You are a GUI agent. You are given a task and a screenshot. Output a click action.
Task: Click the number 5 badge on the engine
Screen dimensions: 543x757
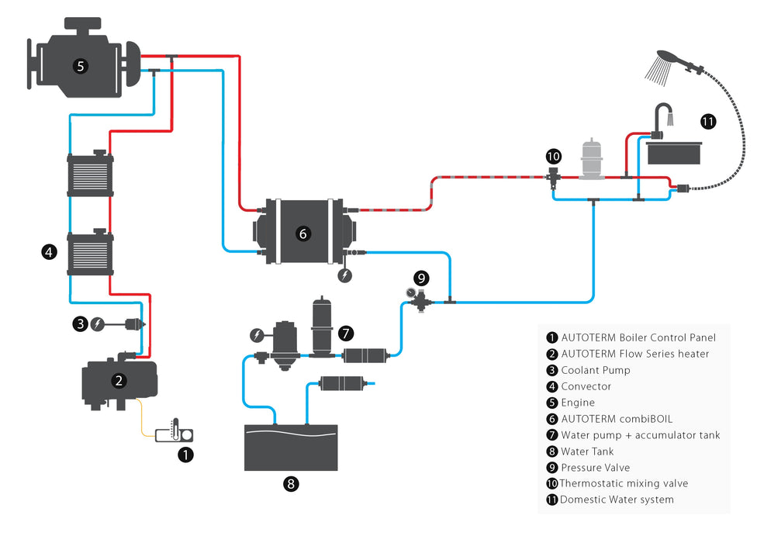[x=80, y=66]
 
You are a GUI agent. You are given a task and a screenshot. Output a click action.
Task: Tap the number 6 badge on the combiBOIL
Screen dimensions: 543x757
[x=303, y=233]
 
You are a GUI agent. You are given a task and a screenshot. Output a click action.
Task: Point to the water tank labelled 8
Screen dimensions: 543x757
[x=291, y=448]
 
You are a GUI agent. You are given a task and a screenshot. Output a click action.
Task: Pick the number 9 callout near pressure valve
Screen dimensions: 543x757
[x=421, y=277]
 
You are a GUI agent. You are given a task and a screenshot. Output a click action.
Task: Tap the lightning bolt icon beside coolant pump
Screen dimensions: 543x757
[x=98, y=324]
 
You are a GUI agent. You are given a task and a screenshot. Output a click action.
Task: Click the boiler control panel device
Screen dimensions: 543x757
[x=174, y=431]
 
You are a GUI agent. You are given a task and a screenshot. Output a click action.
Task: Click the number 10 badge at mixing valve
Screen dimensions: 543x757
[x=554, y=156]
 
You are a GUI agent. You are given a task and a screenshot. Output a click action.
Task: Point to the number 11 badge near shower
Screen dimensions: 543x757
[x=707, y=121]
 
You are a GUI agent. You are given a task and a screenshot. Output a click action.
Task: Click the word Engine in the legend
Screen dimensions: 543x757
[x=578, y=403]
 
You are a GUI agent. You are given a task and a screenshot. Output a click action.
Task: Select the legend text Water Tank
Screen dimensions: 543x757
[x=587, y=451]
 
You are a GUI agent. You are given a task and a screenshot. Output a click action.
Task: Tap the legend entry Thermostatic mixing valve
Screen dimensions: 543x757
[x=624, y=483]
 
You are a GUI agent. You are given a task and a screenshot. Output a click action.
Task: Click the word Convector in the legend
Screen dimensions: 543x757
[x=586, y=386]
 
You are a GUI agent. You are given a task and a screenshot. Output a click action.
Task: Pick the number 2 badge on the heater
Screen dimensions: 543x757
[x=119, y=380]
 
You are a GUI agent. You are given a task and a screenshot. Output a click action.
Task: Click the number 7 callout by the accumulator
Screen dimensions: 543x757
[x=346, y=333]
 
